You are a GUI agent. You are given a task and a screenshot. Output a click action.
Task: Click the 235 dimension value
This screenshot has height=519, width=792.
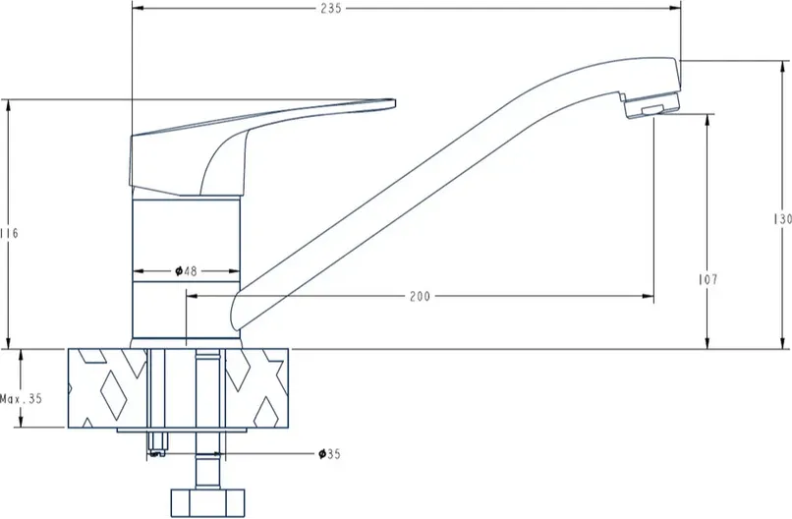[331, 8]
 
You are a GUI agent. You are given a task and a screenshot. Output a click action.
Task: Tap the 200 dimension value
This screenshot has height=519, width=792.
[420, 296]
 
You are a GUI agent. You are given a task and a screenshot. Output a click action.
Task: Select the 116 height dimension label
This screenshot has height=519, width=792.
[9, 234]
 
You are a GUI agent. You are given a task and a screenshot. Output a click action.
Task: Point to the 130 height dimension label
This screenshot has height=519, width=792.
[782, 219]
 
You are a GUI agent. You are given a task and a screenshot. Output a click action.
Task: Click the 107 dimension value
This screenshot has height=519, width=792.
[707, 279]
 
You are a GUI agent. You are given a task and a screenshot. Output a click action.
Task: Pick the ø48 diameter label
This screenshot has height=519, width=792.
[186, 271]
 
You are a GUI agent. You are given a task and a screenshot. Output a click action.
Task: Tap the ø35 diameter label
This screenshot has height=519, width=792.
[329, 454]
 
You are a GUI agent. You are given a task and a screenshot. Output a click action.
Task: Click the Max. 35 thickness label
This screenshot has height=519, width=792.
[22, 399]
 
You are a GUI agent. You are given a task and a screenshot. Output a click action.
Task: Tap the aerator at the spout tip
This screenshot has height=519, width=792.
[652, 104]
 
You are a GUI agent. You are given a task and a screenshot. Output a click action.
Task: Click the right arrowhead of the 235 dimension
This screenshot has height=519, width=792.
[675, 8]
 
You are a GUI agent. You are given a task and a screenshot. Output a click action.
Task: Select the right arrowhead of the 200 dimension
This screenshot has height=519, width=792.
[649, 296]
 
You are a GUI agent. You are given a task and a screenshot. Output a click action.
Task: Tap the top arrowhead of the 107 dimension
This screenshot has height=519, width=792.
[707, 120]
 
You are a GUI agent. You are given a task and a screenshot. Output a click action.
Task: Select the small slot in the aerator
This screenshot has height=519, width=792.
[652, 110]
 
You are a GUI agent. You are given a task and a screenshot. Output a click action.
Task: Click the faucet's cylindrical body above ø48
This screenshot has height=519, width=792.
[186, 230]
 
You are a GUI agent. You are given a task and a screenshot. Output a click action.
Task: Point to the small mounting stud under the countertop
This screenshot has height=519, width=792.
[156, 443]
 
